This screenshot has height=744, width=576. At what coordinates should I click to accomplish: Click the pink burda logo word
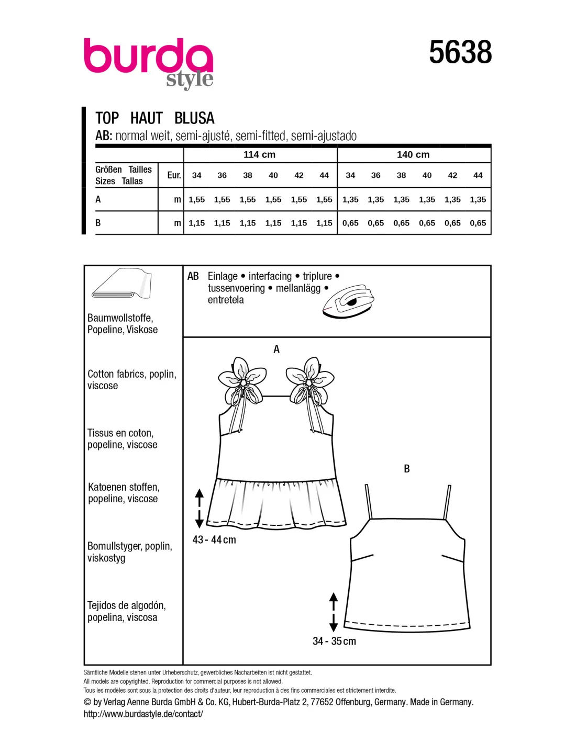click(x=148, y=57)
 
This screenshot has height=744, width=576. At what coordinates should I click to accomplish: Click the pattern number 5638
click(x=460, y=52)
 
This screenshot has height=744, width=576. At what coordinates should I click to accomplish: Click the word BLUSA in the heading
click(x=194, y=118)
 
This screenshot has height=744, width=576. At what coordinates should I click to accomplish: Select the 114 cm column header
click(x=259, y=155)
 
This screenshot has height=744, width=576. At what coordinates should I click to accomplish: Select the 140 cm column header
click(x=413, y=155)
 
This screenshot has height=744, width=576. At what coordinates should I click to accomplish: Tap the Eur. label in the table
click(x=174, y=175)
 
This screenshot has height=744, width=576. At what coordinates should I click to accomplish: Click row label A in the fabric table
click(x=98, y=199)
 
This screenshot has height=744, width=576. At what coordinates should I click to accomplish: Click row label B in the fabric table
click(x=98, y=223)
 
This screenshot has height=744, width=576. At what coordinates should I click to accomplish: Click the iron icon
click(x=348, y=301)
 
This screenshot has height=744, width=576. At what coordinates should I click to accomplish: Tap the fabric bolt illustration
click(x=121, y=284)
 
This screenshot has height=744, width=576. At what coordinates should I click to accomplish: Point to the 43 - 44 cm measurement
click(x=214, y=540)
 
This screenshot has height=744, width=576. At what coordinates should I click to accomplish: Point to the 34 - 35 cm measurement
click(x=334, y=641)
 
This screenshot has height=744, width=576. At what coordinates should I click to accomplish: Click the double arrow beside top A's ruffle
click(x=199, y=508)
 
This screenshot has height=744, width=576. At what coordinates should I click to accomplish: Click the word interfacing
click(x=270, y=276)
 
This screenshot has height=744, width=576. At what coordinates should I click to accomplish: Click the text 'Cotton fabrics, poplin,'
click(x=132, y=374)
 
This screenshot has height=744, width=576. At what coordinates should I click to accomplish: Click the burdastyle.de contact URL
click(x=143, y=714)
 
